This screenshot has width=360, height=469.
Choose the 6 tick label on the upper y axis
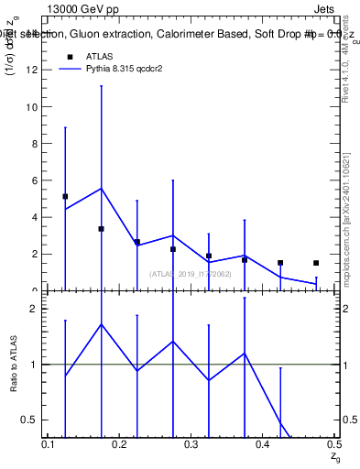pyautogui.click(x=34, y=180)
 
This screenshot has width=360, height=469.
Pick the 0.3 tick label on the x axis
pyautogui.click(x=191, y=444)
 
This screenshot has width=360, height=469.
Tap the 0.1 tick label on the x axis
pyautogui.click(x=49, y=444)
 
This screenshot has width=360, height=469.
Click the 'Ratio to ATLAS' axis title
pyautogui.click(x=13, y=364)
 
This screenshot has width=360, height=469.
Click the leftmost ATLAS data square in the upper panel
pyautogui.click(x=65, y=196)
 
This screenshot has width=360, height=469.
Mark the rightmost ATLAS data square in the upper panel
pyautogui.click(x=316, y=263)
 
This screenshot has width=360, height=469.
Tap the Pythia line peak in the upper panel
pyautogui.click(x=101, y=189)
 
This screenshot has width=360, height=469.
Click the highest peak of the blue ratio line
pyautogui.click(x=101, y=323)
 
